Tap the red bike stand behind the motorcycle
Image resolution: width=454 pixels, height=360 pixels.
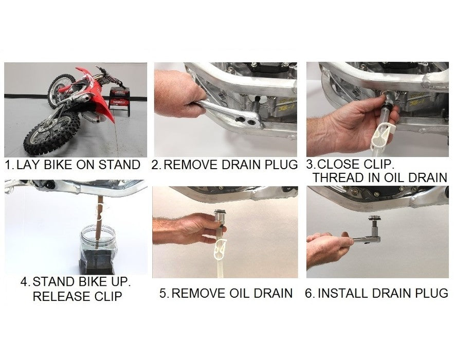pyautogui.click(x=119, y=100)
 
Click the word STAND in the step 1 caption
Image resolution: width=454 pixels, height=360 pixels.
pyautogui.click(x=119, y=165)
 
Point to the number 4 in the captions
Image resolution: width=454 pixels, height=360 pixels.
pyautogui.click(x=24, y=282)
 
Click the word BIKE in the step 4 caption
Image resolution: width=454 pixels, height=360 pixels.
pyautogui.click(x=88, y=282)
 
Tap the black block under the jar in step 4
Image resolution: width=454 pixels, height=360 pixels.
pyautogui.click(x=97, y=263)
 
